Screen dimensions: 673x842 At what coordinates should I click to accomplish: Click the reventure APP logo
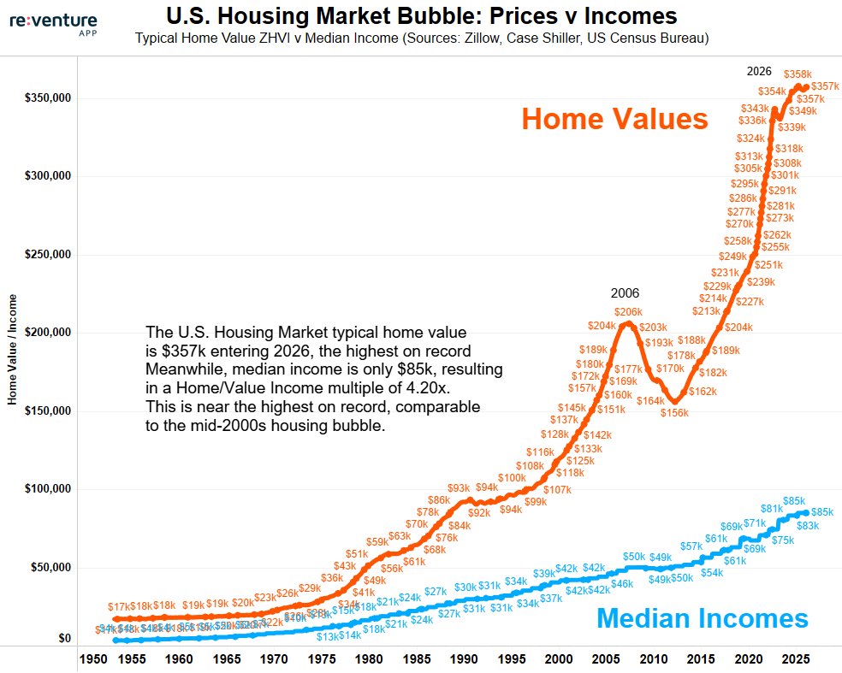[x=53, y=22]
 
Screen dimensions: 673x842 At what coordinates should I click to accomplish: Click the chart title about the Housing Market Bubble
[x=422, y=16]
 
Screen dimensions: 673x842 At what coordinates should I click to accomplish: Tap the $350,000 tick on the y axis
[x=47, y=98]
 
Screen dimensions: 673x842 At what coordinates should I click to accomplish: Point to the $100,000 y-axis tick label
[x=47, y=489]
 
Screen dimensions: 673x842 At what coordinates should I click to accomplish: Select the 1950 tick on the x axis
[x=92, y=660]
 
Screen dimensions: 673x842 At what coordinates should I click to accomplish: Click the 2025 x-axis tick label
[x=797, y=660]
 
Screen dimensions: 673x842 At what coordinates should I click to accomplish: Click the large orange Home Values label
[x=614, y=119]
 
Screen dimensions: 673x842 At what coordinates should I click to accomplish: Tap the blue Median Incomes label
[x=701, y=617]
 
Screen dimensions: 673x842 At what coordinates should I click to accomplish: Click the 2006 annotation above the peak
[x=625, y=293]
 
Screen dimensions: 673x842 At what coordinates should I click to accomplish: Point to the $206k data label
[x=628, y=312]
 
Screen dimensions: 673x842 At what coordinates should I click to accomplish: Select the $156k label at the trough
[x=673, y=413]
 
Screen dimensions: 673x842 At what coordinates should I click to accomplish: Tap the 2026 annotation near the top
[x=759, y=71]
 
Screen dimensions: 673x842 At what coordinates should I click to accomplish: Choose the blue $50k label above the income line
[x=634, y=557]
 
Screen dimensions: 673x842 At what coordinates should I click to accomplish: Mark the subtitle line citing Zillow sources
[x=422, y=39]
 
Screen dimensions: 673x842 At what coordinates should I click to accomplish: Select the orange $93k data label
[x=459, y=488]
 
